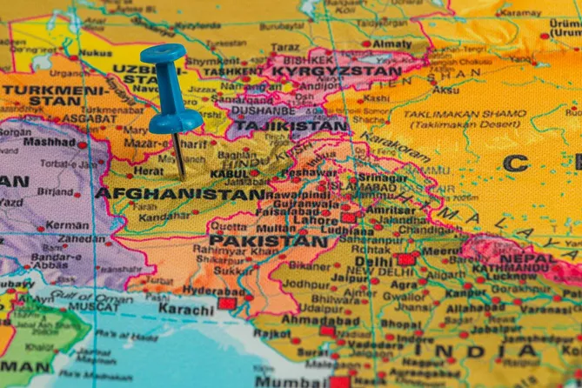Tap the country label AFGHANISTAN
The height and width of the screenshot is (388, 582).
click(180, 193)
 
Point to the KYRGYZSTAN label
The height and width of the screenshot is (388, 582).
click(336, 70)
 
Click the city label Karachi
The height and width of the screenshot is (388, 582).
click(185, 309)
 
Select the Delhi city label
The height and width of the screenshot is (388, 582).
click(373, 261)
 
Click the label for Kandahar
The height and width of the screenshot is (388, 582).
click(164, 215)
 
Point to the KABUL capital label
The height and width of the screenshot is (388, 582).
click(230, 174)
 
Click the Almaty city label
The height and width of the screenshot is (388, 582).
click(392, 43)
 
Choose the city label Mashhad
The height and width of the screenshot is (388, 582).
click(49, 142)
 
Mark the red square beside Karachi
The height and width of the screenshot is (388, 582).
click(226, 304)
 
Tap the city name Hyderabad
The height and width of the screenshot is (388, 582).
click(213, 290)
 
